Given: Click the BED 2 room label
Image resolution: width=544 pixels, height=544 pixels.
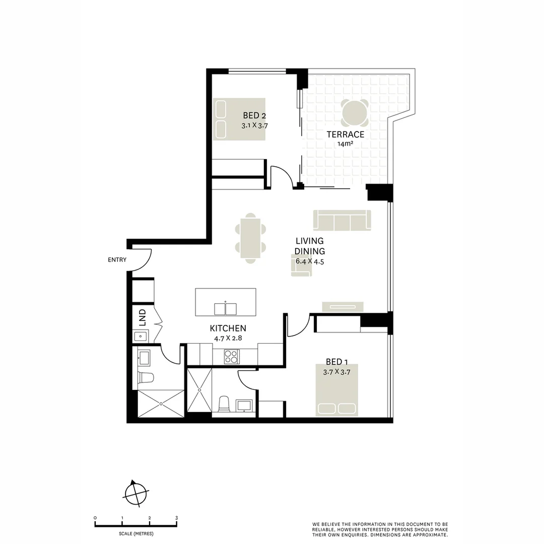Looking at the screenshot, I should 254,116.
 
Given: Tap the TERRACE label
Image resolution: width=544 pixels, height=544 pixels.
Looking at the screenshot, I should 345,134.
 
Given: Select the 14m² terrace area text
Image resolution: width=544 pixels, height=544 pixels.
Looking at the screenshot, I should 345,144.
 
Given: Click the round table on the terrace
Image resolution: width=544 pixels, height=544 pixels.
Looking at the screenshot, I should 355,113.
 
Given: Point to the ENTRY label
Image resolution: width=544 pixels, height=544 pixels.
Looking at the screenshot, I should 117,260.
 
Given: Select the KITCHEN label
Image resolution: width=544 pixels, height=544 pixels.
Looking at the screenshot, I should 228,328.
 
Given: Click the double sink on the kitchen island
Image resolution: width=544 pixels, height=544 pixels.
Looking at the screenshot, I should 225,308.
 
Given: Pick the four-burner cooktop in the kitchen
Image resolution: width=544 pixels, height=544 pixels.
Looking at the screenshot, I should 231,356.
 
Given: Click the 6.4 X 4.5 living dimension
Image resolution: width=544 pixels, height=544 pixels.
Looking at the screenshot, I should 309,261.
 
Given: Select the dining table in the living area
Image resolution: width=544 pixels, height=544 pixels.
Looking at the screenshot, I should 250,238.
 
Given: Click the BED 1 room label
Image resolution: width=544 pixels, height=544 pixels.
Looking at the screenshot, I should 336,362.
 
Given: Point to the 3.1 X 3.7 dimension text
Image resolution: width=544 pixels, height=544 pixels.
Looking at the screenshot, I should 254,126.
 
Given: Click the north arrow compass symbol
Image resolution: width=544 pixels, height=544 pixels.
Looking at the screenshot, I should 135,492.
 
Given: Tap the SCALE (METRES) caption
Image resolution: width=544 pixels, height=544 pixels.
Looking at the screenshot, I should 136,533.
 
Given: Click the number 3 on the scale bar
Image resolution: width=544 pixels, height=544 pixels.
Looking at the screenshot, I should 176,518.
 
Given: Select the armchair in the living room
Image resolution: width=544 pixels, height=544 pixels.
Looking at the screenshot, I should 301,265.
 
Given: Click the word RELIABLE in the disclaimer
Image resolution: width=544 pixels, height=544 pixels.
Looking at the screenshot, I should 324,529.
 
